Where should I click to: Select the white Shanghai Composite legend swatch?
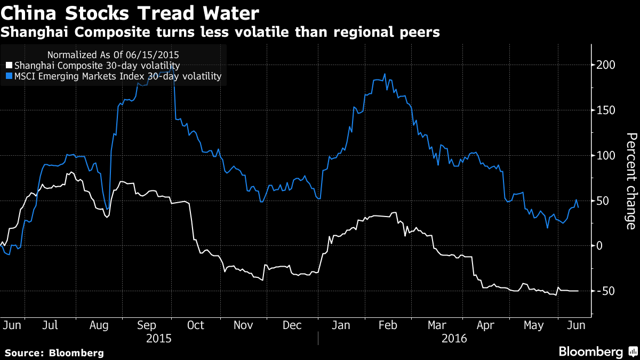pos(9,66)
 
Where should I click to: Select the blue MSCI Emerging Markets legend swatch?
pos(9,77)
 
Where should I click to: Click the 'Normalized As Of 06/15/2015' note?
pos(113,54)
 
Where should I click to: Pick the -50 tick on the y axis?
pos(607,291)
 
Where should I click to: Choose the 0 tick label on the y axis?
pos(602,246)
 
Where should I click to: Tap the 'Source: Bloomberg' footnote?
pos(54,353)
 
